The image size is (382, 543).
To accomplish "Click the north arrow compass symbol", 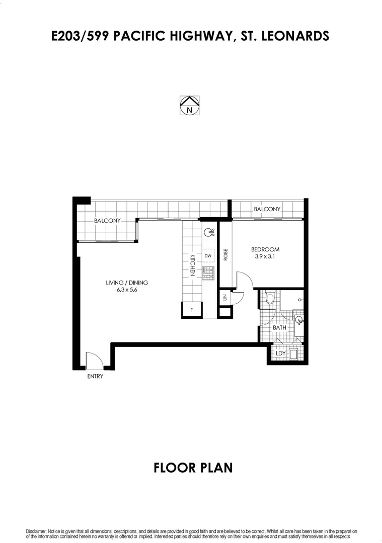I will [x=190, y=105].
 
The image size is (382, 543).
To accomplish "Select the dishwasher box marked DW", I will [x=208, y=256].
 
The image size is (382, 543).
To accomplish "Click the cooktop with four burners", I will [x=208, y=273].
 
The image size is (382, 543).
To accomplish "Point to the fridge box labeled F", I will [x=192, y=310].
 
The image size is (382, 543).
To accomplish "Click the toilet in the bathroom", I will [x=269, y=298].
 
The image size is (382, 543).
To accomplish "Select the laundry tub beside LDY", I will [x=294, y=353].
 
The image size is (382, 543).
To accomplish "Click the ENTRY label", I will [x=95, y=376].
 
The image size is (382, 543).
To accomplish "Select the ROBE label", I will [x=225, y=255].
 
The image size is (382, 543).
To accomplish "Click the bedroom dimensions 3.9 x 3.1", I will [x=265, y=256].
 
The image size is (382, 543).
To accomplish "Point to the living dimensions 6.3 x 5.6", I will [x=127, y=290].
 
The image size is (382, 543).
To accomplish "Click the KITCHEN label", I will [x=192, y=265].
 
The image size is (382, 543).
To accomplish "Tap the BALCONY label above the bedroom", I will [x=267, y=209].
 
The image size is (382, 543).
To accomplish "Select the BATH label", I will [x=279, y=328].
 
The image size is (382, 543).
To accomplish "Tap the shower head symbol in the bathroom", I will [x=300, y=300].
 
